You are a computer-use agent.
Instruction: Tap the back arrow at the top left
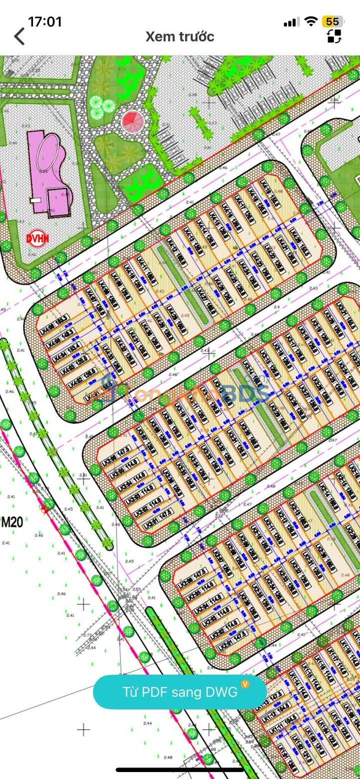click(x=19, y=36)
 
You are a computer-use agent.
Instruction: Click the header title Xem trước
click(x=179, y=36)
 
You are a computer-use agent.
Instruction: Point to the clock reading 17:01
click(x=45, y=22)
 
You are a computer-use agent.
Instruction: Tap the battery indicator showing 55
click(x=332, y=21)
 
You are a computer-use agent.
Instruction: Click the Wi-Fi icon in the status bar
click(x=311, y=21)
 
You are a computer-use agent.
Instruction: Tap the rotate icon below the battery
click(x=334, y=36)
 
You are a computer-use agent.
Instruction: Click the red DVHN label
click(x=37, y=239)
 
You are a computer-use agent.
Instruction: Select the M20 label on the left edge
click(x=12, y=523)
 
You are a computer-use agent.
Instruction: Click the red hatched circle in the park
click(x=132, y=120)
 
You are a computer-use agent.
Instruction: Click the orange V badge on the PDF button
click(x=245, y=683)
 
